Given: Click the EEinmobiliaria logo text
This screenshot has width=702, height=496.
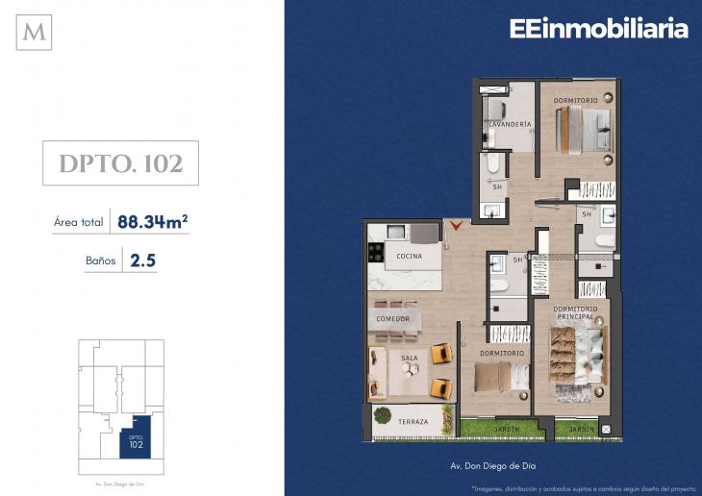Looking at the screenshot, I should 598,29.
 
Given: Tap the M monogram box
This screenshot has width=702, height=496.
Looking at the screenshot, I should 36,32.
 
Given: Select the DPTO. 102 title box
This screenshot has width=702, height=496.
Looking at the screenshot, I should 121,163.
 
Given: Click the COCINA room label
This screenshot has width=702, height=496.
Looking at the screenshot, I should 410,257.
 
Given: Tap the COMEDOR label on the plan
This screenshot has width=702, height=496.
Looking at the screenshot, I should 393,318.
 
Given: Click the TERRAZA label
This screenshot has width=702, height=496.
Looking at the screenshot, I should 414,421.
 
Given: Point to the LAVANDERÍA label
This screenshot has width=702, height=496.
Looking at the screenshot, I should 510,125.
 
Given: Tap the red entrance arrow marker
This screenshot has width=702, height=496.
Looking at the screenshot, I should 457,226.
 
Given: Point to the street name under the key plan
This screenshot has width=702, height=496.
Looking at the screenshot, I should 119,483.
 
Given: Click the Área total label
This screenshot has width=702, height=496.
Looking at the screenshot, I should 79,223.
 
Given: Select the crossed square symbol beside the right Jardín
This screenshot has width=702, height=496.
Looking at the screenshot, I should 604,429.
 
